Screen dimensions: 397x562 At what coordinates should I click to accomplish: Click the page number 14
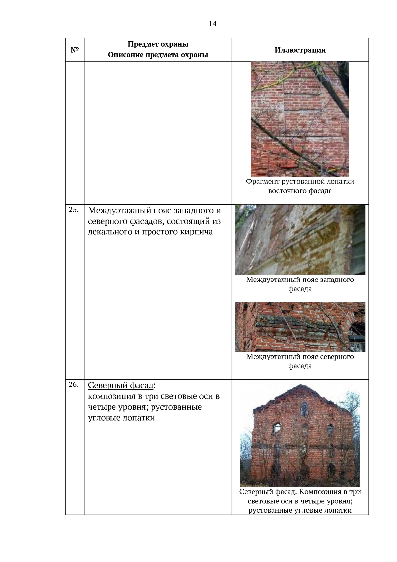[x=212, y=24]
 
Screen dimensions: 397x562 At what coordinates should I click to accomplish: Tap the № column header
[x=75, y=50]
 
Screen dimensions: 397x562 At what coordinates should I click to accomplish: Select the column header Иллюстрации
[x=300, y=50]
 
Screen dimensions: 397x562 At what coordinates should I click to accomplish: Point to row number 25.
[x=74, y=210]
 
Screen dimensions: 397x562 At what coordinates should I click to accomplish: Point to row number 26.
[x=74, y=384]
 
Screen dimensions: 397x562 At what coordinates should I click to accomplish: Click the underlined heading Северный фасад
[x=120, y=385]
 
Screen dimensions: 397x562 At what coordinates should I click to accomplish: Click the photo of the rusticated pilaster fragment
[x=300, y=119]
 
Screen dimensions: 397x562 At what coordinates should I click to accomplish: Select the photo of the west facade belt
[x=300, y=239]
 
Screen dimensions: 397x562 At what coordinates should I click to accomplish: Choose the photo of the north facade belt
[x=300, y=327]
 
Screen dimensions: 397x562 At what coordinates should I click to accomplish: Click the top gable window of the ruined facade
[x=304, y=409]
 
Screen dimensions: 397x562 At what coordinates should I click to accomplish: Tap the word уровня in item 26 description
[x=130, y=407]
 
